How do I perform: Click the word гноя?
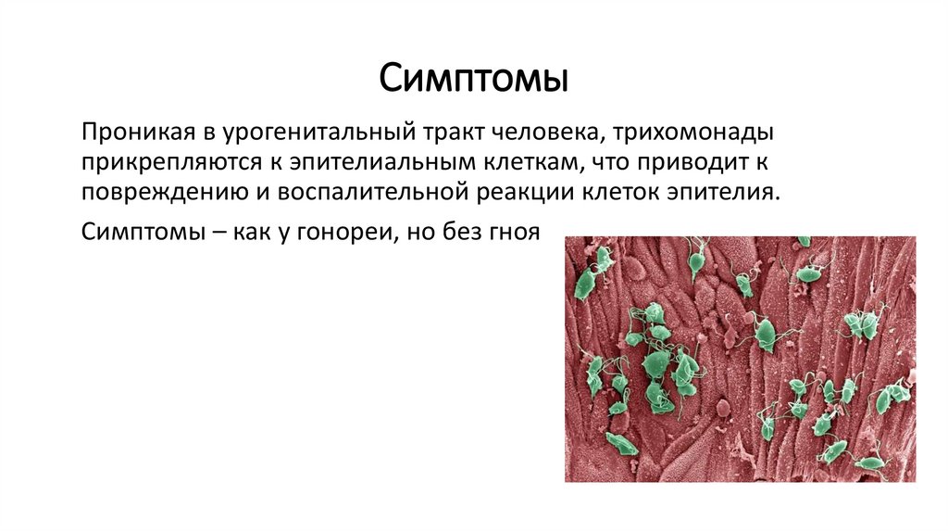(x=511, y=231)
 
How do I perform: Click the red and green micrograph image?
(x=740, y=359)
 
